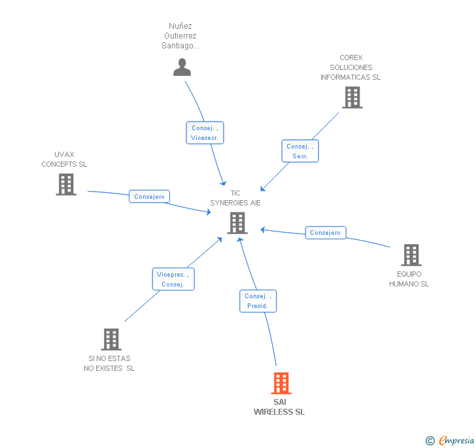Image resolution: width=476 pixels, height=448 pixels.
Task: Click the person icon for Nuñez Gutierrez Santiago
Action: click(x=182, y=67)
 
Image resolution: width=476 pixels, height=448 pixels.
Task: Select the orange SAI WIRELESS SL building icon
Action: click(x=280, y=383)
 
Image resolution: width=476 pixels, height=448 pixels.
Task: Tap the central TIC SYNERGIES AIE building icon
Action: click(x=237, y=223)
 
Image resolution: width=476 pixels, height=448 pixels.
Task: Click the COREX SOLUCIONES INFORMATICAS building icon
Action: click(x=352, y=97)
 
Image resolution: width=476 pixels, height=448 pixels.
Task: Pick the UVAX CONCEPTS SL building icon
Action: click(x=66, y=184)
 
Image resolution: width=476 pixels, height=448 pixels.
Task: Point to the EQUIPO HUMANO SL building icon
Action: click(x=411, y=255)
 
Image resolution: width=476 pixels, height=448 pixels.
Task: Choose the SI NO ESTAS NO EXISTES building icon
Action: click(x=111, y=339)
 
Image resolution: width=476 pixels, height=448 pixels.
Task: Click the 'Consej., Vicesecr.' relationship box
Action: click(x=205, y=133)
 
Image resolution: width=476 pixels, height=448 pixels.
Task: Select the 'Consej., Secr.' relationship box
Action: click(x=300, y=151)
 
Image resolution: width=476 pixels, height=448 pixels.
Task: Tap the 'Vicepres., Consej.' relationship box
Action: click(x=173, y=279)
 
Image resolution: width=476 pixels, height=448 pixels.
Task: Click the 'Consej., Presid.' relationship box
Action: click(x=258, y=301)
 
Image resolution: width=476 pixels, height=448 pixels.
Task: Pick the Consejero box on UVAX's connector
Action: click(x=149, y=196)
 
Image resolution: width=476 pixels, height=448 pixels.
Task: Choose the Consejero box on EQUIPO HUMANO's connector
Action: click(x=326, y=232)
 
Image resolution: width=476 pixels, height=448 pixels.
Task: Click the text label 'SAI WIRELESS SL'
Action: click(x=279, y=407)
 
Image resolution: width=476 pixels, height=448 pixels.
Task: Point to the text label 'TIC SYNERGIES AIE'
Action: click(x=235, y=198)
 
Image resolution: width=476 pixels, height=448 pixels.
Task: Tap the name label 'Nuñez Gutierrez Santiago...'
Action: click(x=182, y=36)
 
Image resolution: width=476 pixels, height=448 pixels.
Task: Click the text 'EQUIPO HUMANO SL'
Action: click(x=409, y=279)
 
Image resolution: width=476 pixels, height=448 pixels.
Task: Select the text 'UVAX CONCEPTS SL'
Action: click(x=64, y=160)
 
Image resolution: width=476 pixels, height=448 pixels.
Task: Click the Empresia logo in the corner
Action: click(x=456, y=441)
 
